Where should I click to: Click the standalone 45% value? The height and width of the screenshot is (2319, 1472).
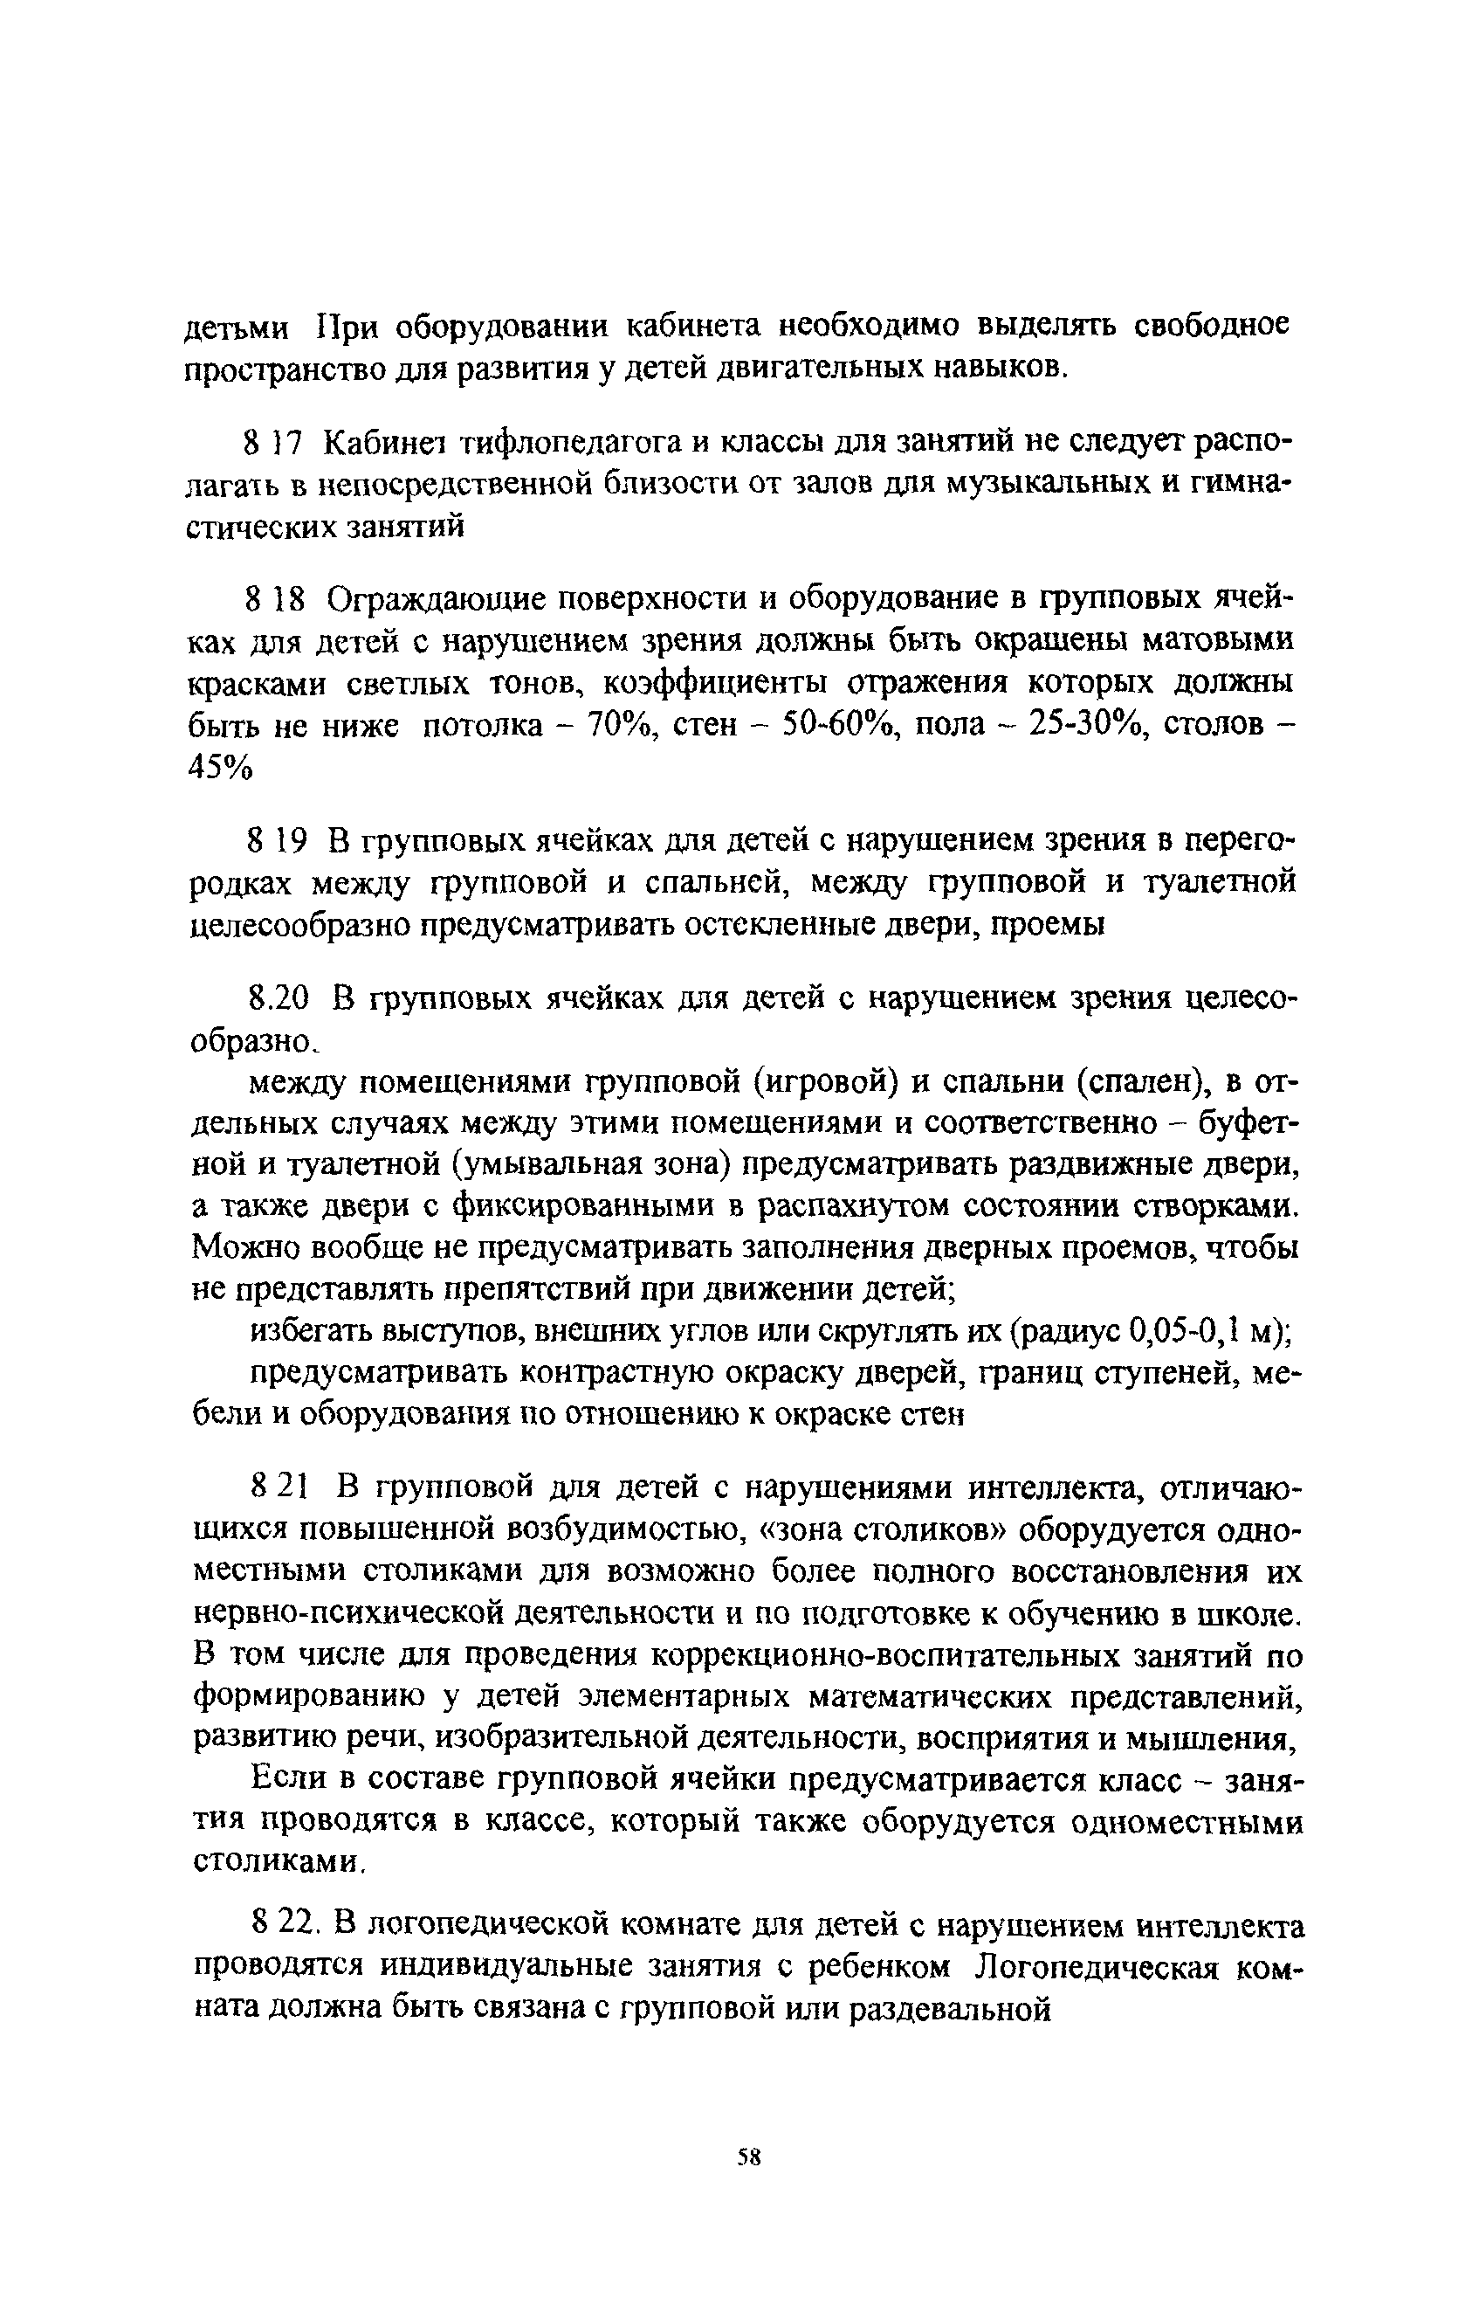point(218,767)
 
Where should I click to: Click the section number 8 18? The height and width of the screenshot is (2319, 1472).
point(275,599)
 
